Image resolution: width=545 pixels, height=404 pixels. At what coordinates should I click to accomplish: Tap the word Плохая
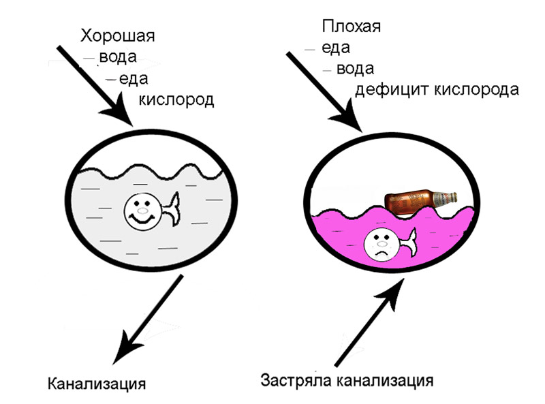[351, 28]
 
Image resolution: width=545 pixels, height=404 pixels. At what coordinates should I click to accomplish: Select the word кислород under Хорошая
[177, 101]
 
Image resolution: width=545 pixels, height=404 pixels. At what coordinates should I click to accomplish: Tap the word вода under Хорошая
[119, 57]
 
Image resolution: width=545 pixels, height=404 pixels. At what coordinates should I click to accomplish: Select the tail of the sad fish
[407, 242]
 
